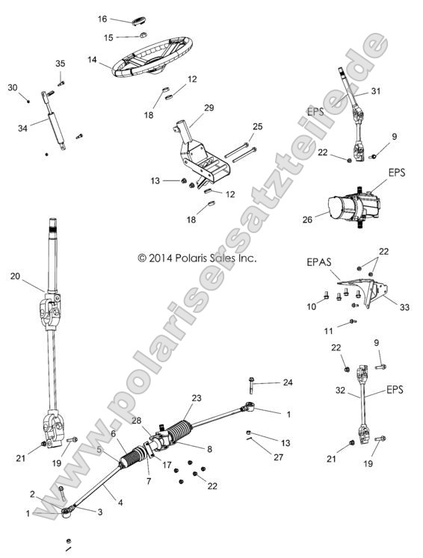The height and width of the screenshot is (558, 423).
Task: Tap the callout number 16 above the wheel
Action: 103,18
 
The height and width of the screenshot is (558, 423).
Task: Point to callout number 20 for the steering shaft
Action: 15,276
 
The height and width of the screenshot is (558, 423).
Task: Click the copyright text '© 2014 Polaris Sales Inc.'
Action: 197,258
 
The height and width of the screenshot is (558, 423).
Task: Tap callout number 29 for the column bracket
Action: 209,108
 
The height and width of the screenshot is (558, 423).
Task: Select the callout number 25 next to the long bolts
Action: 258,127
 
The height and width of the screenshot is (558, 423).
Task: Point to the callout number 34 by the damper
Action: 22,128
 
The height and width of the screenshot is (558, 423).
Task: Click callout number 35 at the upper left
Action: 60,63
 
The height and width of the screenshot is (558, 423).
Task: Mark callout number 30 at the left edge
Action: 12,87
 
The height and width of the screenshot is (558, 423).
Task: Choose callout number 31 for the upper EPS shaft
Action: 376,92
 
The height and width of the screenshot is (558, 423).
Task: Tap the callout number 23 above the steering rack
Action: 197,398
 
